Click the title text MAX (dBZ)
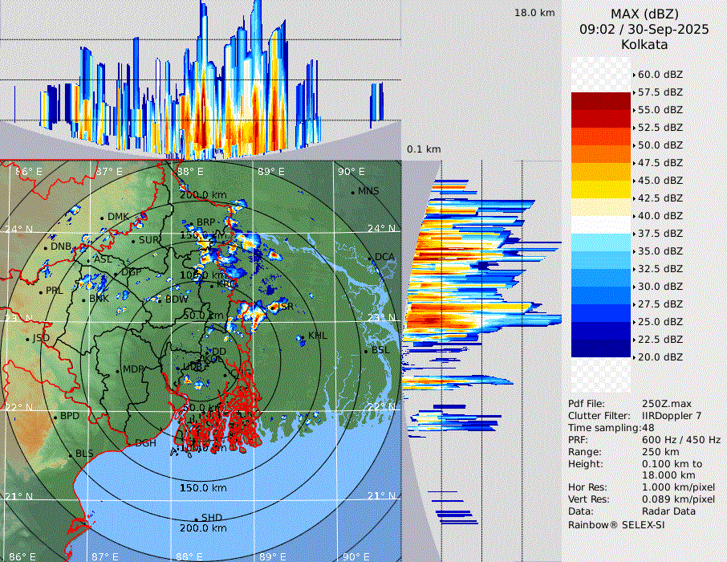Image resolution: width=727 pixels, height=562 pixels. tap(644, 14)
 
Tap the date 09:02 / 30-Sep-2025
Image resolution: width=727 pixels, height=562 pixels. tap(644, 29)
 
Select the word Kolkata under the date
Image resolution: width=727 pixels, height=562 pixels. tap(644, 44)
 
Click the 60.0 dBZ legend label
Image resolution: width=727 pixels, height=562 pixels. tap(660, 74)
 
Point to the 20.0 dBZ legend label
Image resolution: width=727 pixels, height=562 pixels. tap(660, 356)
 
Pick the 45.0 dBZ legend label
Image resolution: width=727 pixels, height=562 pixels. tap(660, 180)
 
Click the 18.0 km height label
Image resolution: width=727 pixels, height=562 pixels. tap(534, 13)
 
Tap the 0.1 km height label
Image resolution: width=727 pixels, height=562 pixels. tap(424, 149)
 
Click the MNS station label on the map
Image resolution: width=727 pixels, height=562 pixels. tap(368, 191)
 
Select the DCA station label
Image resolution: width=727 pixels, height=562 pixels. tap(384, 257)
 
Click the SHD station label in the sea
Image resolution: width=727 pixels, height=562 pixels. tap(211, 518)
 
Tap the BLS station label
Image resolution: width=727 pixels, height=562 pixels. tap(84, 454)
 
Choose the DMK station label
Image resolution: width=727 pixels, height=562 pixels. tap(118, 217)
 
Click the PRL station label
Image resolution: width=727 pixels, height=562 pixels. tap(54, 291)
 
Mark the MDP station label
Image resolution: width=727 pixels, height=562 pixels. tap(132, 370)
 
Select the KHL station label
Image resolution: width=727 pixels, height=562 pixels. tap(318, 336)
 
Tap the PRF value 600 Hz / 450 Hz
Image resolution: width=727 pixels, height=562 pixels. tap(681, 440)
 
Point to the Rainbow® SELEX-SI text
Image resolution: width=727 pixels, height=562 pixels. tap(616, 524)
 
